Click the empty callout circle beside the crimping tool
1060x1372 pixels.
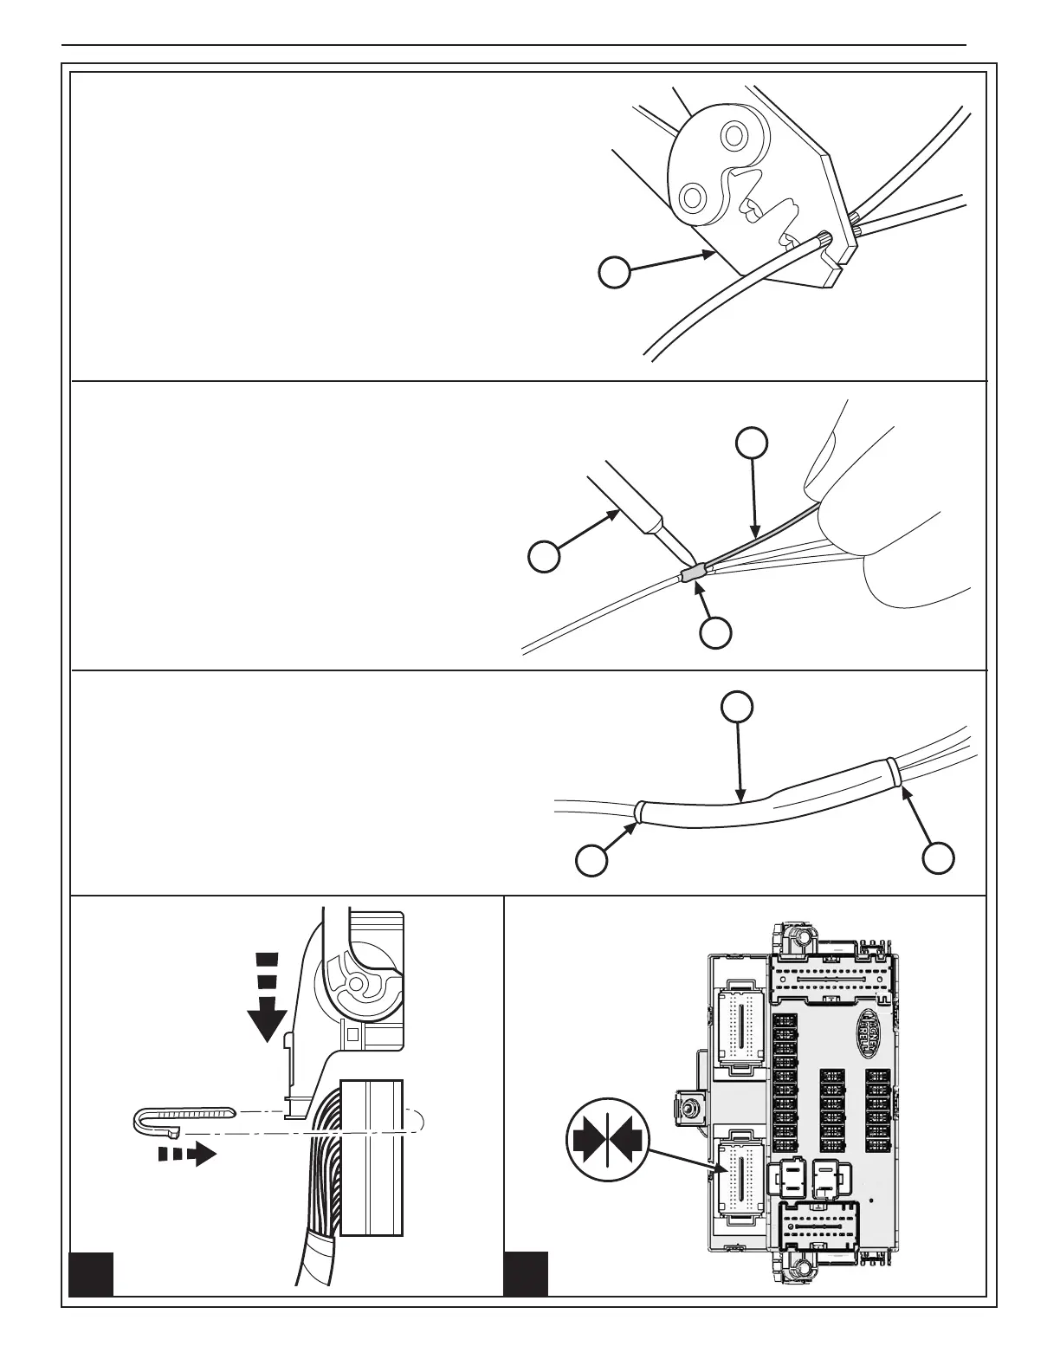[614, 273]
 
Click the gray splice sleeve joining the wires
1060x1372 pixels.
[692, 574]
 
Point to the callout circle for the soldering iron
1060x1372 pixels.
[544, 556]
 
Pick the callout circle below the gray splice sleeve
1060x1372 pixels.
[715, 633]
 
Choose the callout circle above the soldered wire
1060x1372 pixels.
[752, 442]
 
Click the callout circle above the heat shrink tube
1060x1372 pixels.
[737, 707]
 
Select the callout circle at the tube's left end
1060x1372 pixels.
[591, 860]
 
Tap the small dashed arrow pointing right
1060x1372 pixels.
[187, 1154]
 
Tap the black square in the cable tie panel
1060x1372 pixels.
[91, 1273]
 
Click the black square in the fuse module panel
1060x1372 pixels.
[526, 1273]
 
